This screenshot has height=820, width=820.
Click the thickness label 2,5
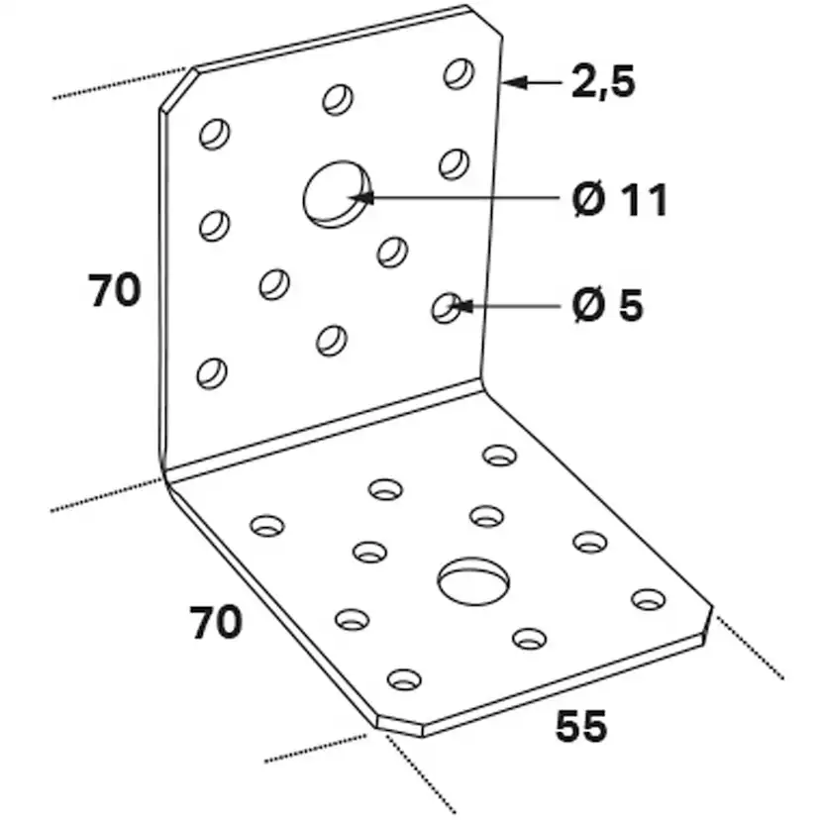click(x=602, y=82)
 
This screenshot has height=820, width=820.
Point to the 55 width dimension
click(x=581, y=727)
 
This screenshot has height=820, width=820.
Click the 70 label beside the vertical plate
click(x=115, y=291)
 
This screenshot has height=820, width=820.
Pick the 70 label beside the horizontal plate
click(x=215, y=623)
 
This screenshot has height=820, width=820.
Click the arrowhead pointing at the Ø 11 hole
click(x=363, y=197)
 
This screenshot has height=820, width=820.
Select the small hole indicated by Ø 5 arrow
click(x=446, y=308)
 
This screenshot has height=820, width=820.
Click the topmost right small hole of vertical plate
click(x=458, y=73)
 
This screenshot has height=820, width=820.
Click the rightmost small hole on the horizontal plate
click(x=649, y=598)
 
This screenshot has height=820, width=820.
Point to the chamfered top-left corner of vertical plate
click(x=175, y=88)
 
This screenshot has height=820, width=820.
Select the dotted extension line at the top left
click(x=119, y=84)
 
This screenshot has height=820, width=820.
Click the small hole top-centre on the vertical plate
click(x=338, y=98)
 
